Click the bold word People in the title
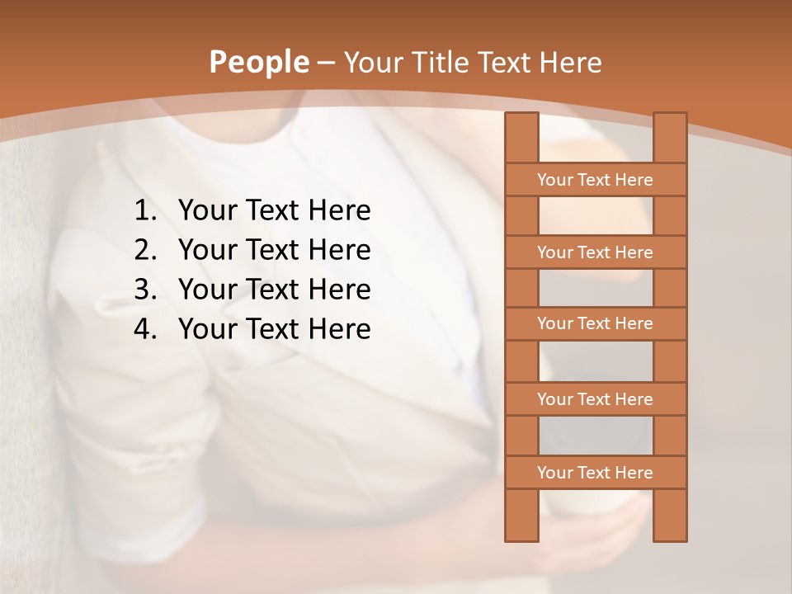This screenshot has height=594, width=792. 258,62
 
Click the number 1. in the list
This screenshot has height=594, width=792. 145,211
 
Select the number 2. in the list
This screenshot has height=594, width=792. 145,250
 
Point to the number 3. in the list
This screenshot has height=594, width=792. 145,290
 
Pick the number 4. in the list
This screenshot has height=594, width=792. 145,329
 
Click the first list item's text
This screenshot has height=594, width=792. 274,211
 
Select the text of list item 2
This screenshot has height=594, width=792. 274,250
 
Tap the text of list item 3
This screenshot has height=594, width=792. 274,290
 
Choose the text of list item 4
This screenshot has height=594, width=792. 274,329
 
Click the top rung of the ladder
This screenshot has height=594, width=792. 595,180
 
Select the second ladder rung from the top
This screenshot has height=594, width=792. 595,252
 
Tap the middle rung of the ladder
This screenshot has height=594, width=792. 595,323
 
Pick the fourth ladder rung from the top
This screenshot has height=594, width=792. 595,399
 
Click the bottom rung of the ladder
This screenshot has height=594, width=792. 595,473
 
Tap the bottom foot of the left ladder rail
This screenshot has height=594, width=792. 521,532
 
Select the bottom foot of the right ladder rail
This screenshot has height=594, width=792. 670,532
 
